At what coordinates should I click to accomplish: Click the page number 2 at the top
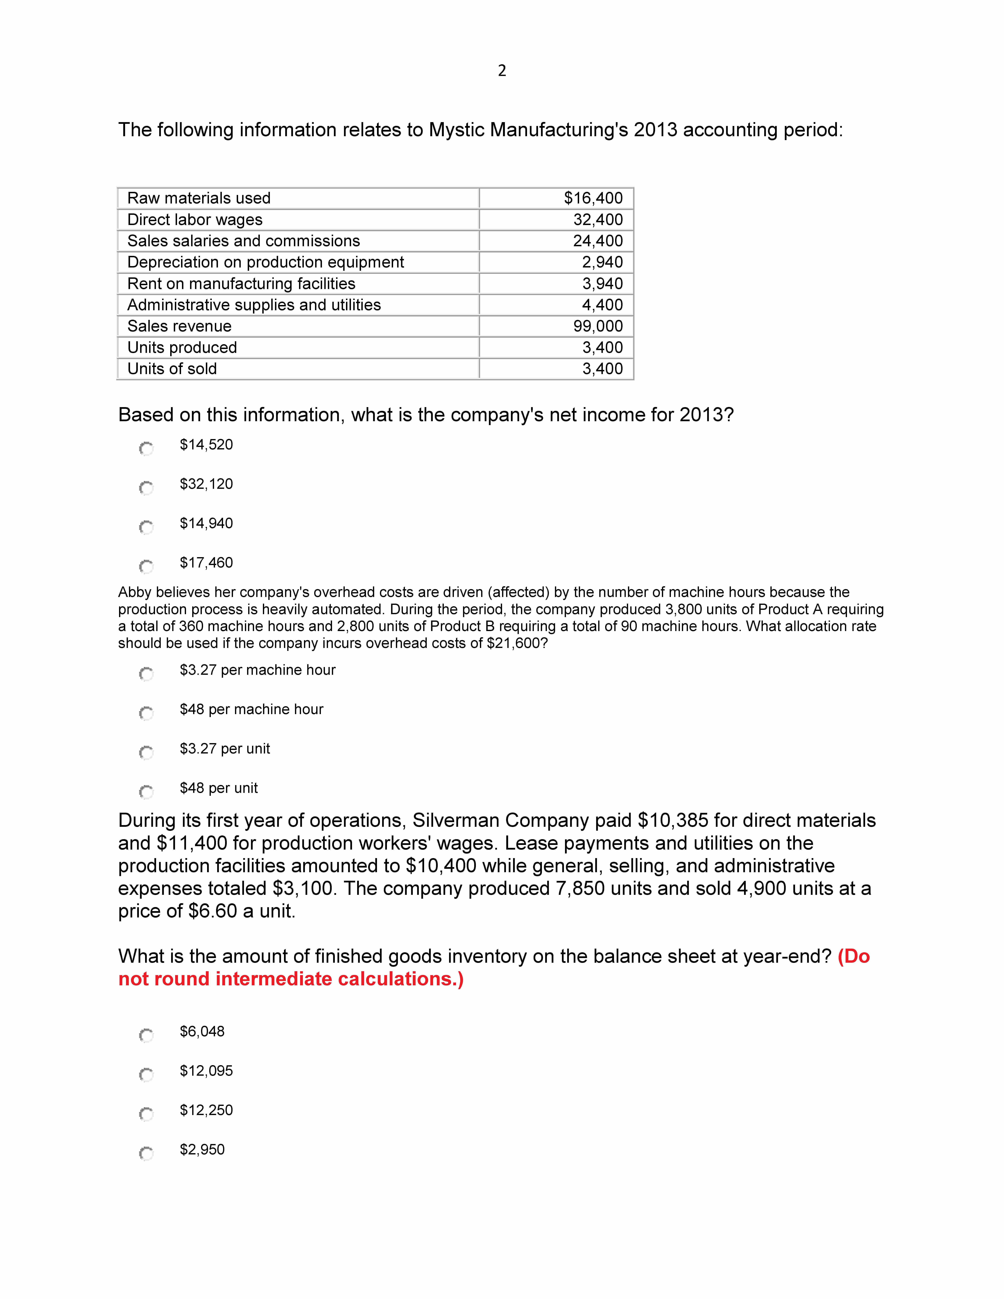pyautogui.click(x=502, y=71)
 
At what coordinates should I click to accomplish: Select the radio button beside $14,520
pyautogui.click(x=146, y=448)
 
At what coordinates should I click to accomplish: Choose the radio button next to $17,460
pyautogui.click(x=146, y=566)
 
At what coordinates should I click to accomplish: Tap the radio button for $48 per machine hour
pyautogui.click(x=146, y=713)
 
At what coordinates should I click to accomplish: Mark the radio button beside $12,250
pyautogui.click(x=146, y=1113)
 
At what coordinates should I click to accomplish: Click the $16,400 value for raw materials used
pyautogui.click(x=593, y=198)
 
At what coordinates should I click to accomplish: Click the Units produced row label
pyautogui.click(x=182, y=347)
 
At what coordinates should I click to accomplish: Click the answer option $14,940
pyautogui.click(x=206, y=523)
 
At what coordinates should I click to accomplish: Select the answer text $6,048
pyautogui.click(x=202, y=1031)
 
